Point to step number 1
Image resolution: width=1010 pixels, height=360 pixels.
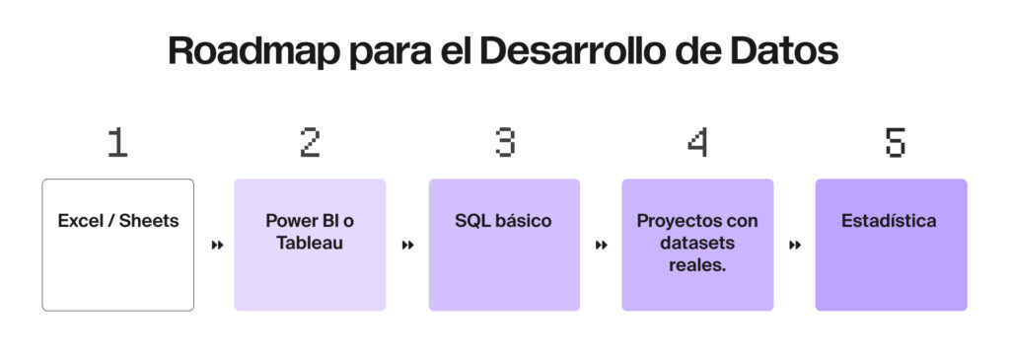[x=117, y=144]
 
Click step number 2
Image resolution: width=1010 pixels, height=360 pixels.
[x=310, y=144]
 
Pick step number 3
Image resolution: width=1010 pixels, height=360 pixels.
[x=504, y=144]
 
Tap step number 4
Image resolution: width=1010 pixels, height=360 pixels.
[x=697, y=144]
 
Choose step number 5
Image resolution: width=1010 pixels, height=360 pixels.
[x=892, y=144]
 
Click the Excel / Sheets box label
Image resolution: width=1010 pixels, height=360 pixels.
[x=118, y=221]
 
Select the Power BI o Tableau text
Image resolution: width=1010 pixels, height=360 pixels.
[x=310, y=231]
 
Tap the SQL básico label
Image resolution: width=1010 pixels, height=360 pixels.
[x=503, y=221]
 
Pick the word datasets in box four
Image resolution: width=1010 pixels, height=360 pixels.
[x=697, y=243]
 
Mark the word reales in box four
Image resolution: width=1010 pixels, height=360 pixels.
[x=695, y=264]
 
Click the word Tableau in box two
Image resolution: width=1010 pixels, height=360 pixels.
[x=310, y=243]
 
